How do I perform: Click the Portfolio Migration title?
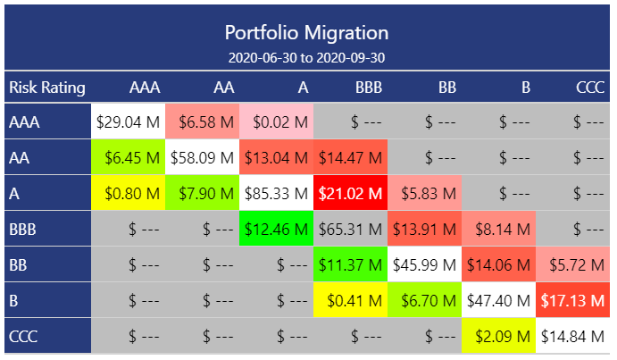click(306, 33)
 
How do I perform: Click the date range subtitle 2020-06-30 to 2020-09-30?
click(306, 57)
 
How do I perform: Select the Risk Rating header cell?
click(47, 88)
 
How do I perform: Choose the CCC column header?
click(589, 88)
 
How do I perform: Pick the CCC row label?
click(24, 337)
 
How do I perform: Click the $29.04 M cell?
click(129, 122)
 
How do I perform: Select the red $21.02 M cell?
click(350, 194)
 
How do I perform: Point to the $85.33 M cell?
click(277, 194)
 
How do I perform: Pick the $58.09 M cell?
click(203, 158)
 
